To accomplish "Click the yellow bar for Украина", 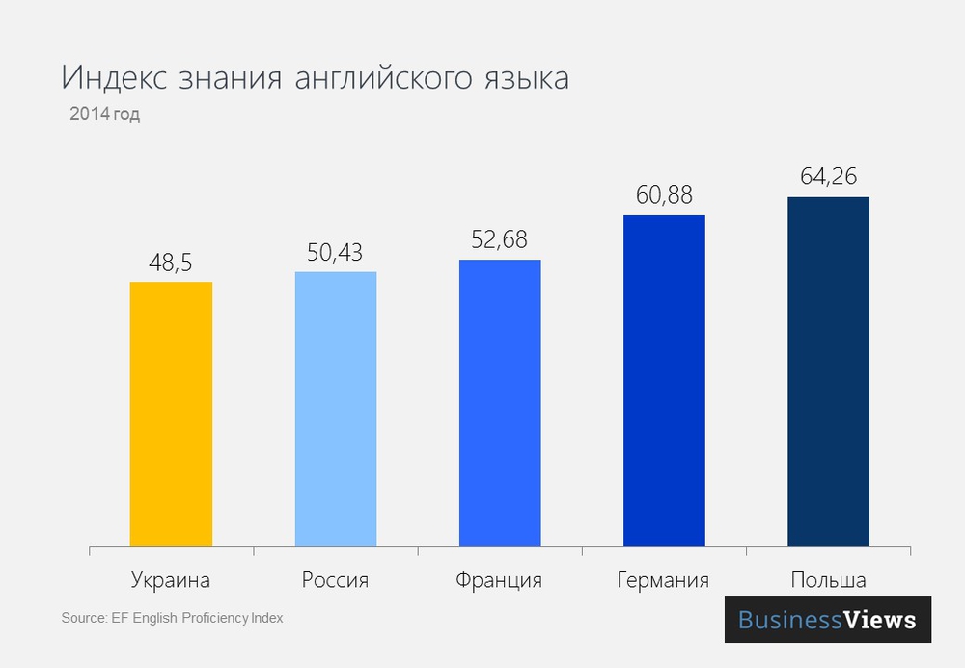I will coord(171,414).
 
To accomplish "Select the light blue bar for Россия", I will coord(335,409).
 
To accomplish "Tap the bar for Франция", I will coord(500,404).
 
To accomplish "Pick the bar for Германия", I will coord(664,381).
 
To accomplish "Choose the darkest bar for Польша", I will coord(828,372).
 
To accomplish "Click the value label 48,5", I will coord(171,262).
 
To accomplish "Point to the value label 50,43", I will coord(335,251).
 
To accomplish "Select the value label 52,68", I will coord(500,239).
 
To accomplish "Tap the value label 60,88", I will coord(664,195).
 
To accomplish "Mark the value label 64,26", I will coord(828,177).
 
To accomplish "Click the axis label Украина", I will coord(171,580).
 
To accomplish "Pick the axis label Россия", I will coord(335,580).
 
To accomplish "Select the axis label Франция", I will coord(499,580).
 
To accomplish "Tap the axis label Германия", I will coord(663,580).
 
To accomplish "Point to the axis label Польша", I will coord(828,580).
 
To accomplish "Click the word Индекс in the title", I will coord(115,78).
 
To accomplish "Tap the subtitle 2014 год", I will coord(104,114).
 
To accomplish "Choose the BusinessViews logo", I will coord(827,620).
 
